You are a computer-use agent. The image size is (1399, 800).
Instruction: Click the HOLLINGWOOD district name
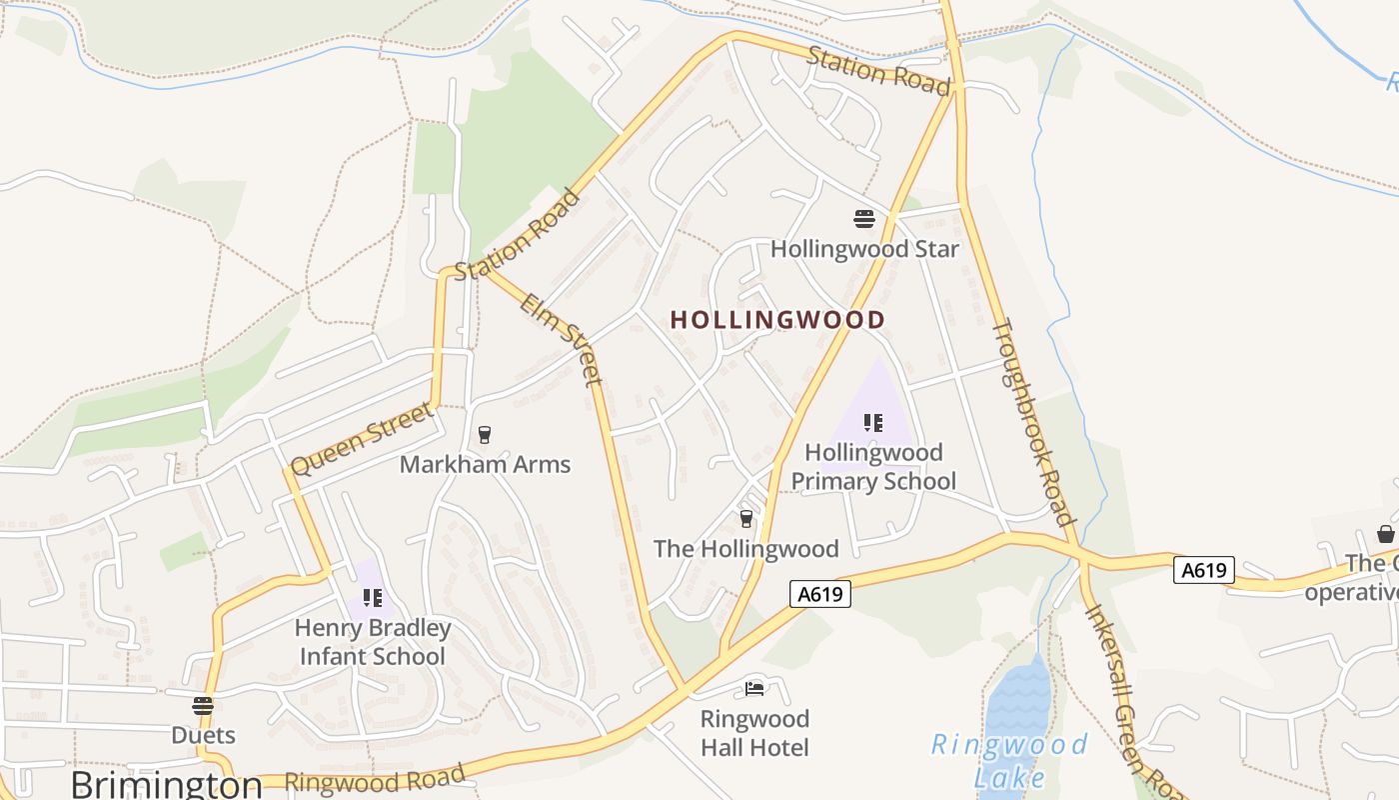tap(776, 320)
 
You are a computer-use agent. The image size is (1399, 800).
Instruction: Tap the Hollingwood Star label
tap(864, 249)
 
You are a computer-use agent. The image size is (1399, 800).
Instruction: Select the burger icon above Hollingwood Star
tap(864, 219)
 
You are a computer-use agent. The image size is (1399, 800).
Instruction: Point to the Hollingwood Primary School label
tap(873, 467)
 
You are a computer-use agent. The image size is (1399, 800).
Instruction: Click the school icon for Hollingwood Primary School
tap(873, 423)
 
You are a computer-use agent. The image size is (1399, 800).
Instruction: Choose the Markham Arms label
tap(485, 464)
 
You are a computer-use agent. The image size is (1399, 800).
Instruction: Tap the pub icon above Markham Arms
tap(485, 434)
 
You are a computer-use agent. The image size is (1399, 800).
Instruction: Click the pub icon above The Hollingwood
tap(746, 518)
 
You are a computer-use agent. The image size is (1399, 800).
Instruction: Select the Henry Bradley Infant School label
tap(373, 642)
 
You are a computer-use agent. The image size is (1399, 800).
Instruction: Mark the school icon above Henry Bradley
tap(373, 598)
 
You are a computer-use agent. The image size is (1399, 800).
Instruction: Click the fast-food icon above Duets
tap(203, 705)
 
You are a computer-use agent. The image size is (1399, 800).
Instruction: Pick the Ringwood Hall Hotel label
tap(754, 733)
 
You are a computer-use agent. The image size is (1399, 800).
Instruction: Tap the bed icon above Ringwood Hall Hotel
tap(754, 689)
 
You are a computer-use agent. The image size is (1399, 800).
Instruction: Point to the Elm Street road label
tap(562, 340)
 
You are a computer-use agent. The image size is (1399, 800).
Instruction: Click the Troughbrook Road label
tap(1032, 422)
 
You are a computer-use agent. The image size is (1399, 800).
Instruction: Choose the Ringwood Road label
tap(375, 778)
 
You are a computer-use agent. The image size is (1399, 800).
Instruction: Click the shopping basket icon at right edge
tap(1386, 534)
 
